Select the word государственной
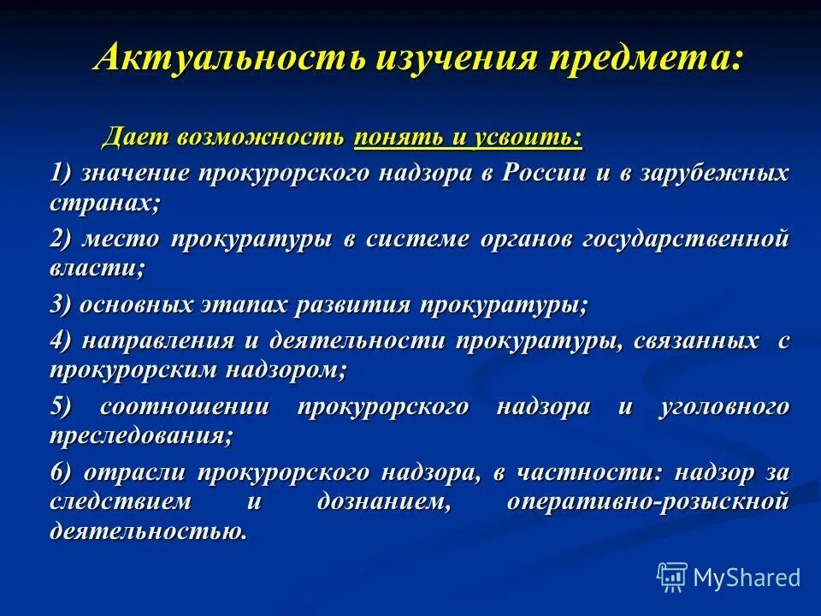click(685, 239)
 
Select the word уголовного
click(724, 407)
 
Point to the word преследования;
click(141, 435)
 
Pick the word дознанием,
click(384, 501)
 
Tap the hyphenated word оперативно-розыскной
click(647, 501)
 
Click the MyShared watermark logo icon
click(672, 577)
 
